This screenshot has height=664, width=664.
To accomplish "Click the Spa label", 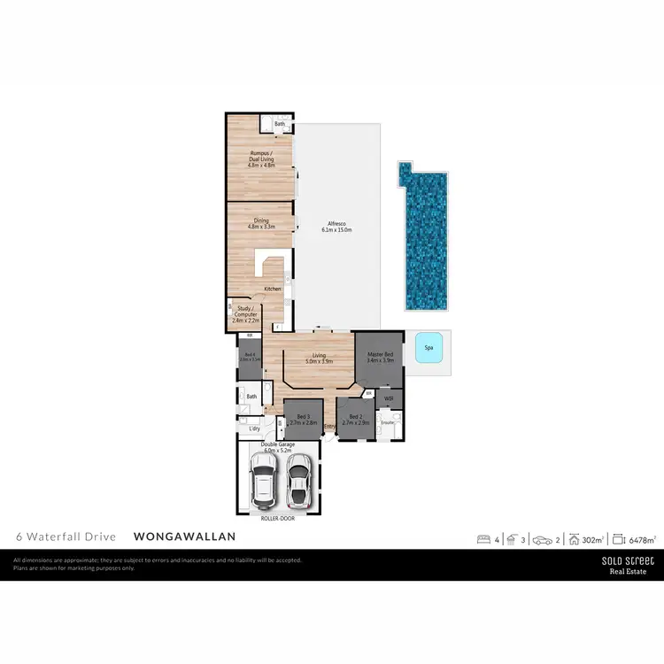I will (429, 348).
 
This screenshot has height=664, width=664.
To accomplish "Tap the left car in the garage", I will (264, 480).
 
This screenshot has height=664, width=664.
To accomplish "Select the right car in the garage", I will (299, 479).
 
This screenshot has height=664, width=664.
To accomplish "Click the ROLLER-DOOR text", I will (277, 519).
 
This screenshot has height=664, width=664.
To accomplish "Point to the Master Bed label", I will (380, 354).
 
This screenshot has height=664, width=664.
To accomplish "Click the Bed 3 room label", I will (303, 417).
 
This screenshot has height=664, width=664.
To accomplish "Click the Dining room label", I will (261, 221).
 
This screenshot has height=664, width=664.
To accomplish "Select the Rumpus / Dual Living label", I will (261, 157).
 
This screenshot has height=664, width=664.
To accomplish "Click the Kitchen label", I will (272, 290).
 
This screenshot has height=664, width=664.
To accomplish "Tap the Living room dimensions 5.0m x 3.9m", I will (319, 361).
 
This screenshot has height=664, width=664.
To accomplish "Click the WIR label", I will (389, 398).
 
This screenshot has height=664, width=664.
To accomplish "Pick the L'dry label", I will (254, 429).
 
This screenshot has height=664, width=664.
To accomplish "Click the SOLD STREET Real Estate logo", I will (628, 565).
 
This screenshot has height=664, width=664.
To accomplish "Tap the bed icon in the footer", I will (483, 537).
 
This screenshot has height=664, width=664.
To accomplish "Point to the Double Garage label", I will (277, 446).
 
